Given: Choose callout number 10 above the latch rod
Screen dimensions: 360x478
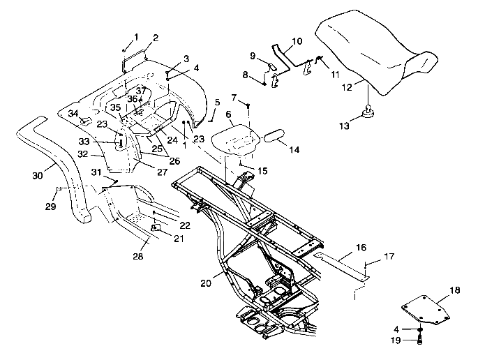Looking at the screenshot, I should click(x=297, y=41).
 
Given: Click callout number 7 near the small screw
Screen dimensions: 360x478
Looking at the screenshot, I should click(x=234, y=97).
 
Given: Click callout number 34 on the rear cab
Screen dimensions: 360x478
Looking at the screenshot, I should click(x=72, y=112).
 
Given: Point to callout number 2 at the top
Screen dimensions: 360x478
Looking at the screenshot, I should click(x=155, y=37).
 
